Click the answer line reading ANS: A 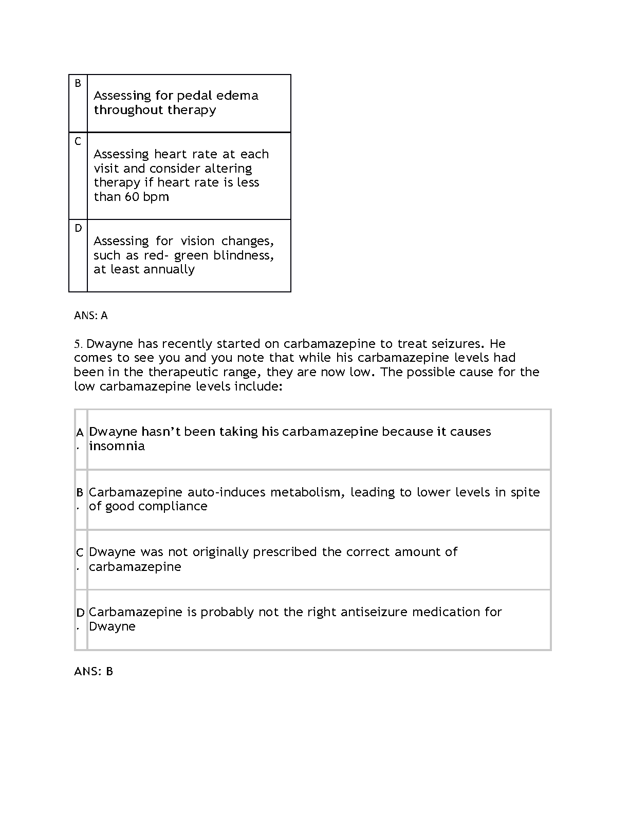(91, 316)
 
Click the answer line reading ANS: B (94, 671)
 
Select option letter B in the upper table (78, 83)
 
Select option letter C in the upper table (78, 141)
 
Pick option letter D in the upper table (78, 228)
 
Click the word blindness (243, 255)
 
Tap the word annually (169, 270)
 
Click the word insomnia (117, 446)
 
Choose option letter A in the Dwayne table (80, 433)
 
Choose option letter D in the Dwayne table (80, 613)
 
